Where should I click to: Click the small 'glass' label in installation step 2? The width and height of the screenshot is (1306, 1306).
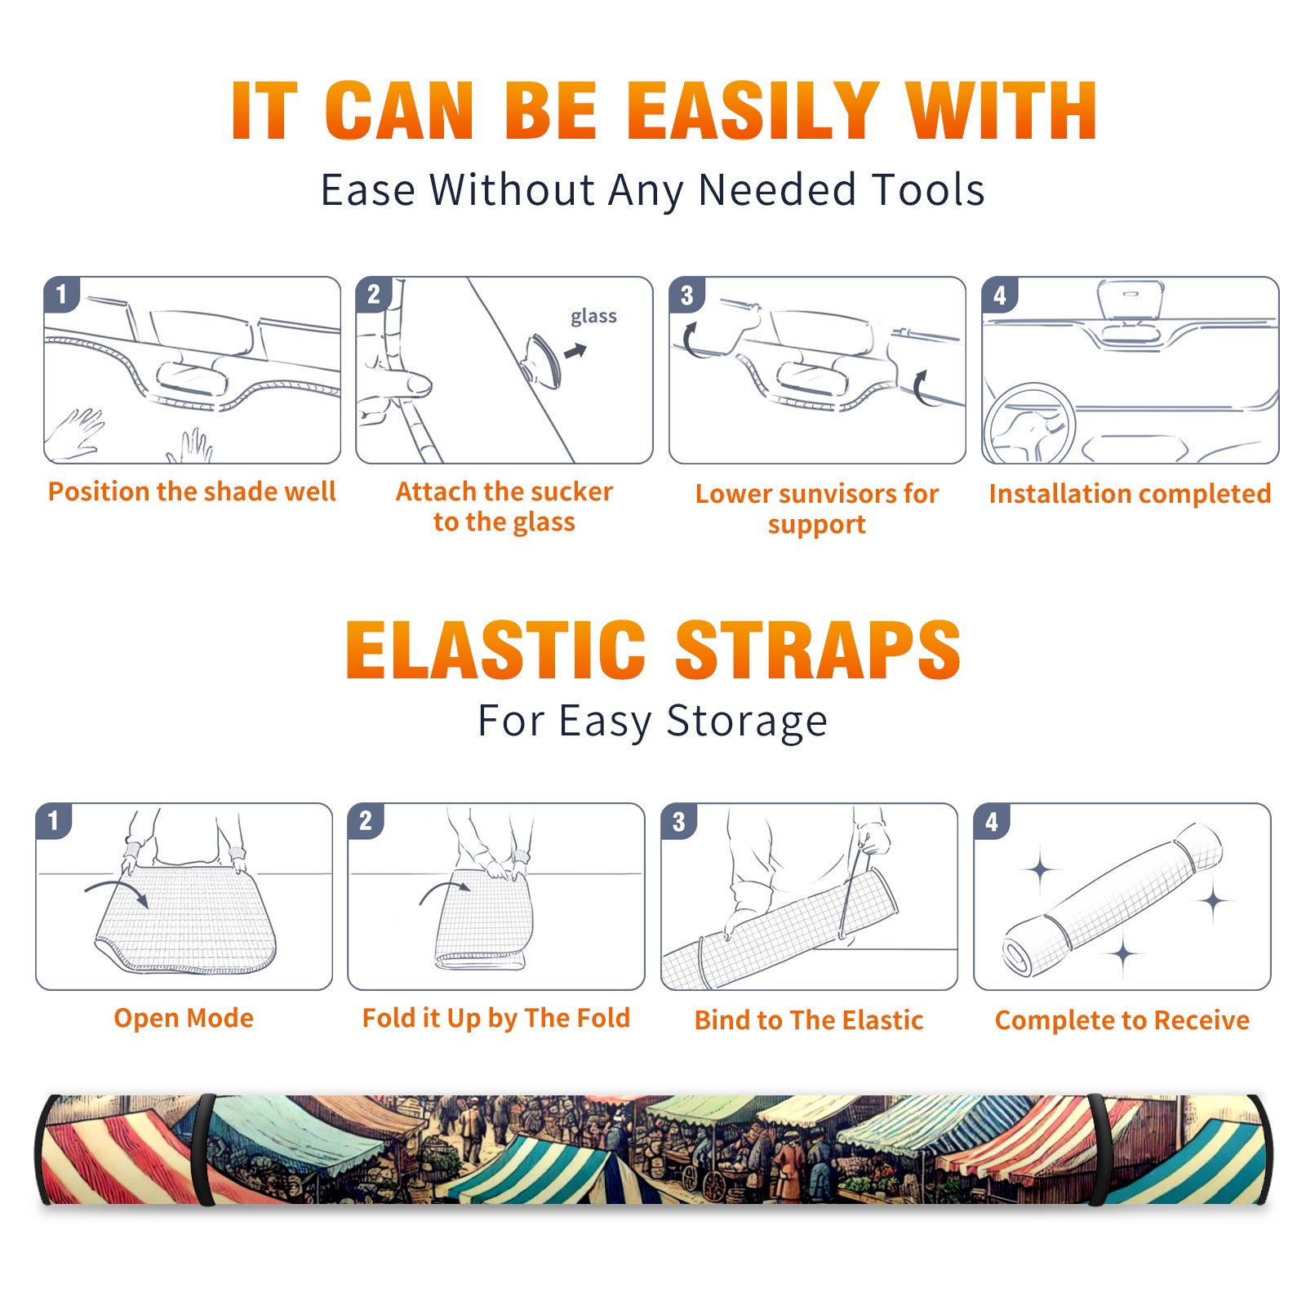(x=593, y=316)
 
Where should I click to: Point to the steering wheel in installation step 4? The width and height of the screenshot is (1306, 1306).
(x=1030, y=423)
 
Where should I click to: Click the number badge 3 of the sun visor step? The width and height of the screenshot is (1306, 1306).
(x=686, y=295)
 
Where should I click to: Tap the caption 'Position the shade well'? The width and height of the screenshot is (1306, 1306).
(x=192, y=491)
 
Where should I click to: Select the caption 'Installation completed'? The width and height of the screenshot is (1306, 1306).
(x=1130, y=493)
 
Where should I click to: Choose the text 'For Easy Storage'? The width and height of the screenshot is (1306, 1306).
(x=653, y=721)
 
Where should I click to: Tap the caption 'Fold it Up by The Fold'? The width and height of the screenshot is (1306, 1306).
(x=496, y=1018)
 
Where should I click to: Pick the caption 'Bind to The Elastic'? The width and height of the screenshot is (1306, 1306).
(x=809, y=1020)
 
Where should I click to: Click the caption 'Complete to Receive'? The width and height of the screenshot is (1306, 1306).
(x=1122, y=1020)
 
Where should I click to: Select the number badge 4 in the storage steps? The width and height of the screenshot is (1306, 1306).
(x=992, y=821)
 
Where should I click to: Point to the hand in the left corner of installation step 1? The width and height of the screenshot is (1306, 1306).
(x=76, y=433)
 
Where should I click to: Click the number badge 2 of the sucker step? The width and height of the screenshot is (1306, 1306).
(x=374, y=294)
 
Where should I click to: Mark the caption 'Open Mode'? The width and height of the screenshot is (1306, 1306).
(x=184, y=1018)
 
